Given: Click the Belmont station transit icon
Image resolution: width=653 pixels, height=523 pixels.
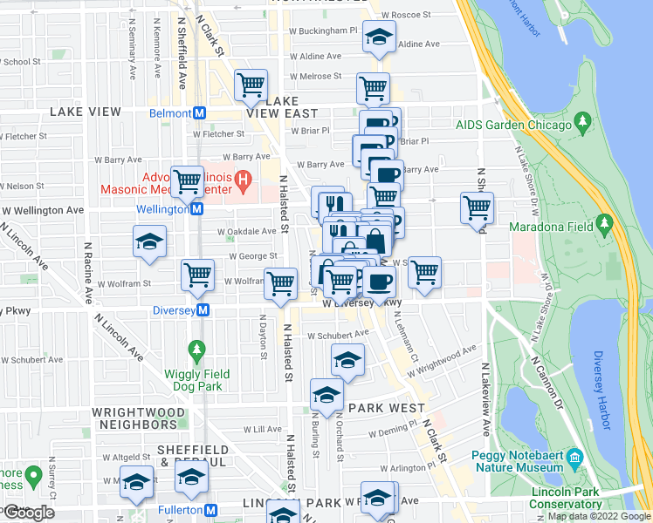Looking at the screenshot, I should tap(200, 113).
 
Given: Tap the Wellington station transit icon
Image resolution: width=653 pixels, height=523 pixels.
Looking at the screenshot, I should tap(197, 209).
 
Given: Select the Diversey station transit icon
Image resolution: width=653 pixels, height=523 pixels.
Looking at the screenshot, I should tap(203, 310).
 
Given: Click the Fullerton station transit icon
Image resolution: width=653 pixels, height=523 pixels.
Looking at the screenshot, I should tap(210, 510).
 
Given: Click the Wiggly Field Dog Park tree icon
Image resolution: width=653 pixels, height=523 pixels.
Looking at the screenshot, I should tap(197, 351).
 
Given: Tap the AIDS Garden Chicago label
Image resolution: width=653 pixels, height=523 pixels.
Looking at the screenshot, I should tap(513, 124).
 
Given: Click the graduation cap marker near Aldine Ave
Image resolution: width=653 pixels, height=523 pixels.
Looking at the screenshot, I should tap(378, 38).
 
